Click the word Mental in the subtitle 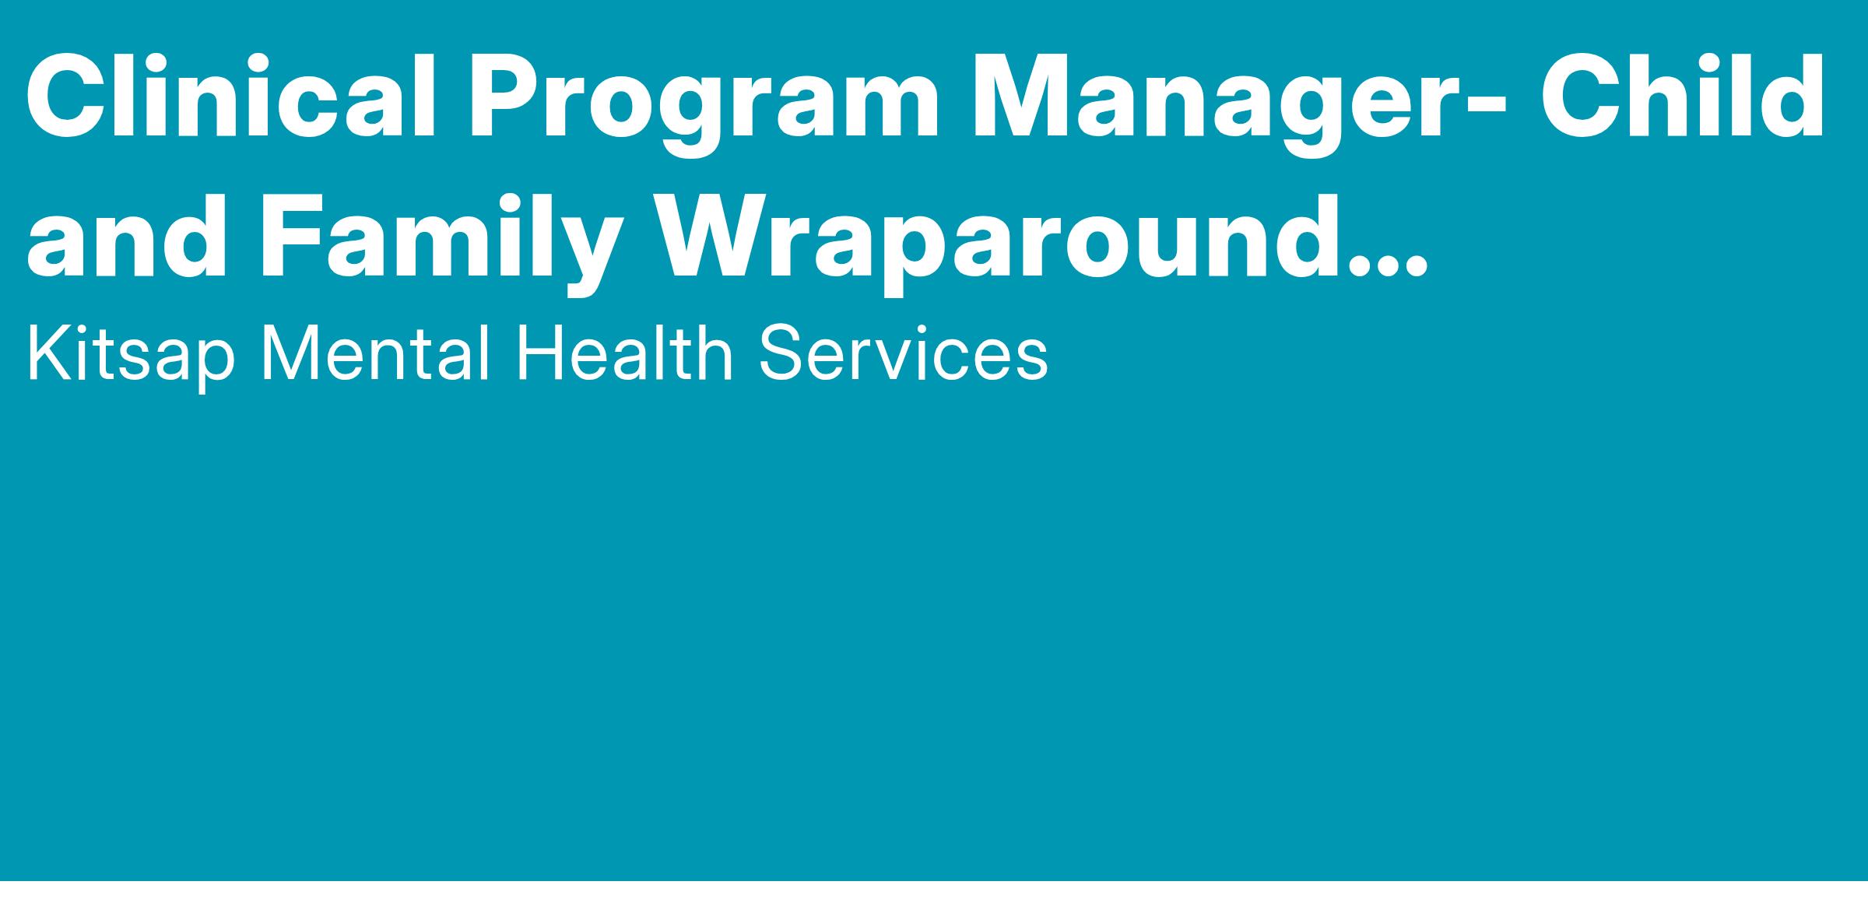point(374,354)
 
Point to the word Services point(904,354)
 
